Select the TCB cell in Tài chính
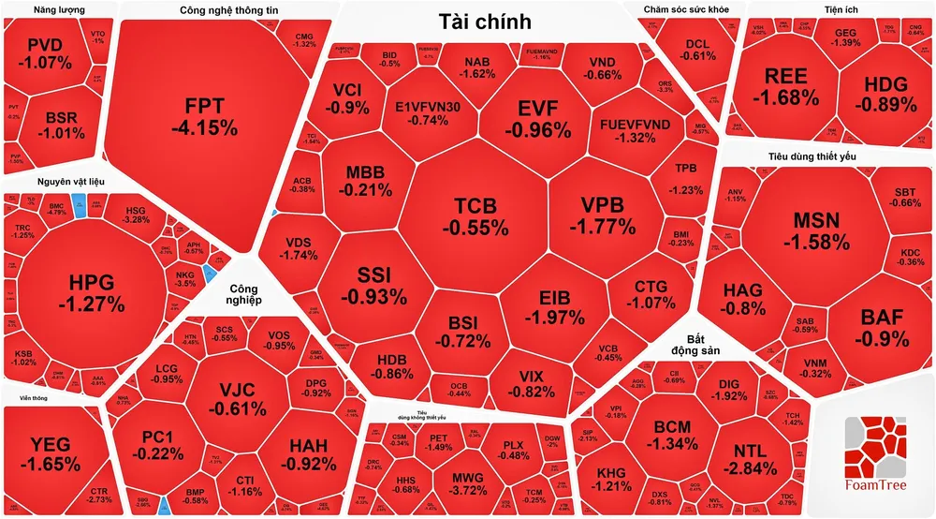pyautogui.click(x=475, y=215)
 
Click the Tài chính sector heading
pyautogui.click(x=485, y=22)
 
